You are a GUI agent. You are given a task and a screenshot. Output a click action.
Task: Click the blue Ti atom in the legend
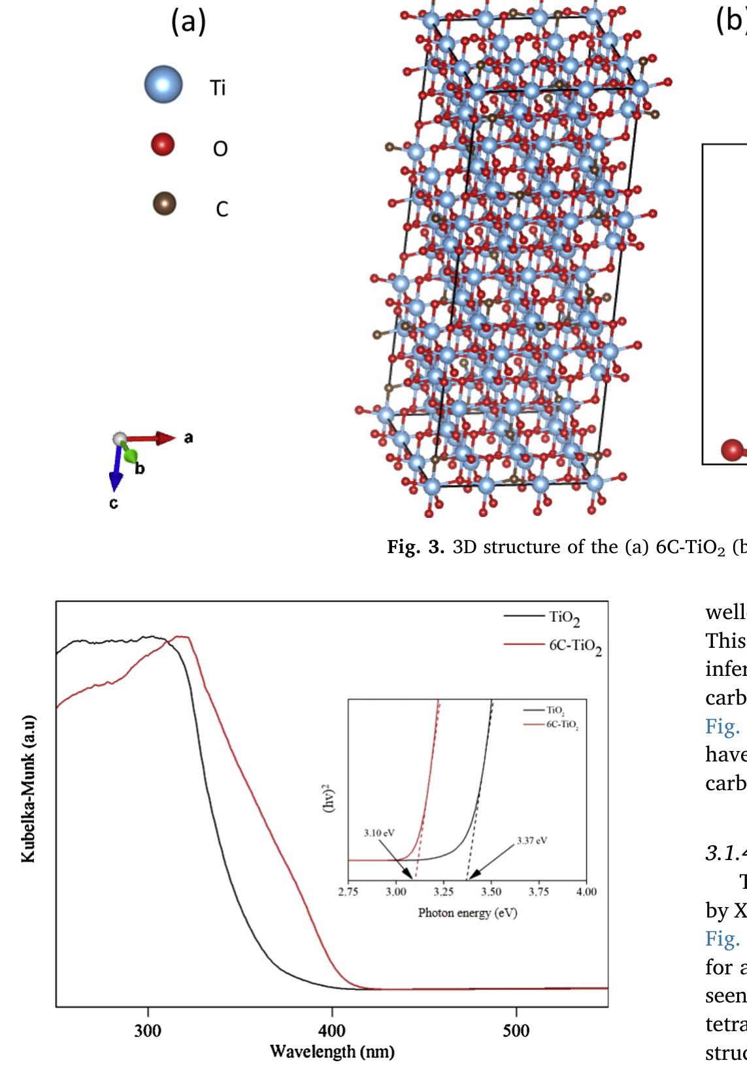pyautogui.click(x=163, y=85)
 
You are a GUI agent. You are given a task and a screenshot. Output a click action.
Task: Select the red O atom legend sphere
pyautogui.click(x=163, y=144)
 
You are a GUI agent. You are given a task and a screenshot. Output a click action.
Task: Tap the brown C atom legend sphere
pyautogui.click(x=164, y=204)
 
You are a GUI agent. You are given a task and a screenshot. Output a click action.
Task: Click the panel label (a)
pyautogui.click(x=188, y=22)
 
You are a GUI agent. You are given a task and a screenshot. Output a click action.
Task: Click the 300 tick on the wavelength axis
pyautogui.click(x=148, y=1031)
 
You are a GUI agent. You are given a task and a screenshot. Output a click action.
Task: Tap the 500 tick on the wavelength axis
pyautogui.click(x=516, y=1031)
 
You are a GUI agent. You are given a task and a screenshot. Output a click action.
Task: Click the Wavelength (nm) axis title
pyautogui.click(x=332, y=1052)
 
